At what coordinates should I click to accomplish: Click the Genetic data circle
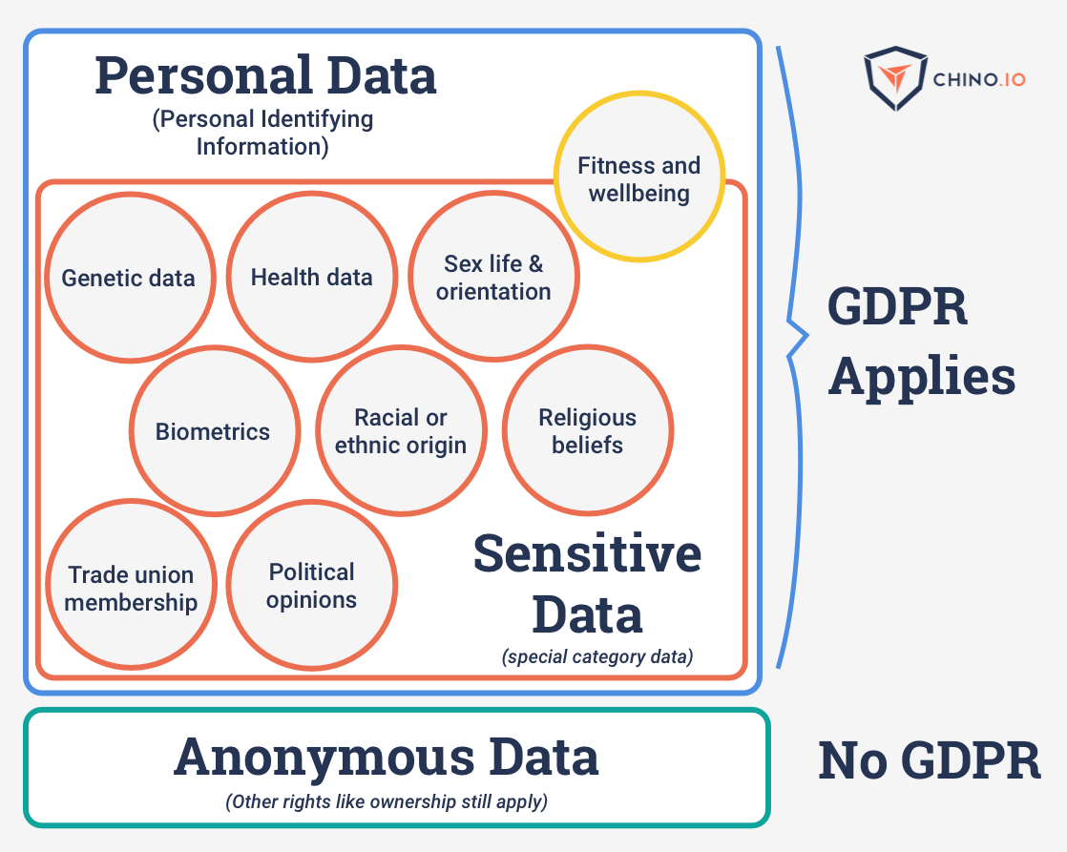pyautogui.click(x=129, y=278)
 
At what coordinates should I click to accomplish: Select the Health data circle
pyautogui.click(x=311, y=278)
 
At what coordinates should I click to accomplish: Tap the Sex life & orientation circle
pyautogui.click(x=493, y=278)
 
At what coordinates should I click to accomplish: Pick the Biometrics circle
pyautogui.click(x=214, y=431)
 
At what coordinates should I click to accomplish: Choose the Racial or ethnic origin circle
pyautogui.click(x=401, y=431)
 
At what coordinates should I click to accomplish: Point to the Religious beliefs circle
pyautogui.click(x=587, y=431)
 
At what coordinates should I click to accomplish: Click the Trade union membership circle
pyautogui.click(x=131, y=587)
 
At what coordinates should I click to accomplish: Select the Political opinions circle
pyautogui.click(x=312, y=586)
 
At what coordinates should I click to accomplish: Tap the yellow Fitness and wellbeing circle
pyautogui.click(x=639, y=177)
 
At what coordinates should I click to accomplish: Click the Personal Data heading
pyautogui.click(x=265, y=75)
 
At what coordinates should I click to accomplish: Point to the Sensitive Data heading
pyautogui.click(x=587, y=583)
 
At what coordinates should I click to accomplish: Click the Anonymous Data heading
pyautogui.click(x=387, y=758)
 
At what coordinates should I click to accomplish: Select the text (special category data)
pyautogui.click(x=597, y=656)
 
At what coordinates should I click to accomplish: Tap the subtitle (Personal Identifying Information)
pyautogui.click(x=262, y=133)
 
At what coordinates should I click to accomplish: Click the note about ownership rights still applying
pyautogui.click(x=387, y=801)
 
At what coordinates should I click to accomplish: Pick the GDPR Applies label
pyautogui.click(x=920, y=342)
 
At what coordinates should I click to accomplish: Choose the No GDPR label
pyautogui.click(x=930, y=760)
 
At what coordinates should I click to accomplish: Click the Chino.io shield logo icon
pyautogui.click(x=895, y=78)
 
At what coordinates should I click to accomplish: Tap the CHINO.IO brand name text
pyautogui.click(x=980, y=79)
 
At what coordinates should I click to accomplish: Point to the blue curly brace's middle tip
pyautogui.click(x=806, y=336)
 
